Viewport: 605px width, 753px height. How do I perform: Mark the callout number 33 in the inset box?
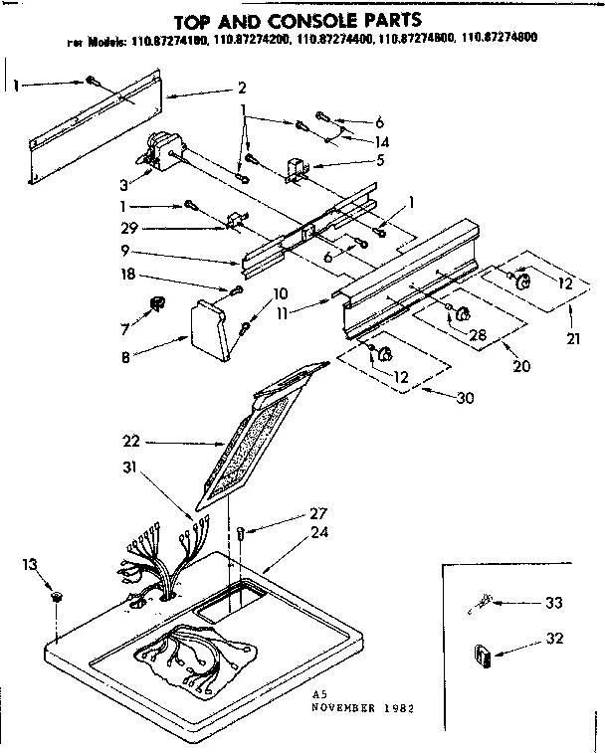point(552,602)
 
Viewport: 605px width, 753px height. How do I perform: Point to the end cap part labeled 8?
point(212,328)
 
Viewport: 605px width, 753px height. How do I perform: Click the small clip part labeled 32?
point(486,657)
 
